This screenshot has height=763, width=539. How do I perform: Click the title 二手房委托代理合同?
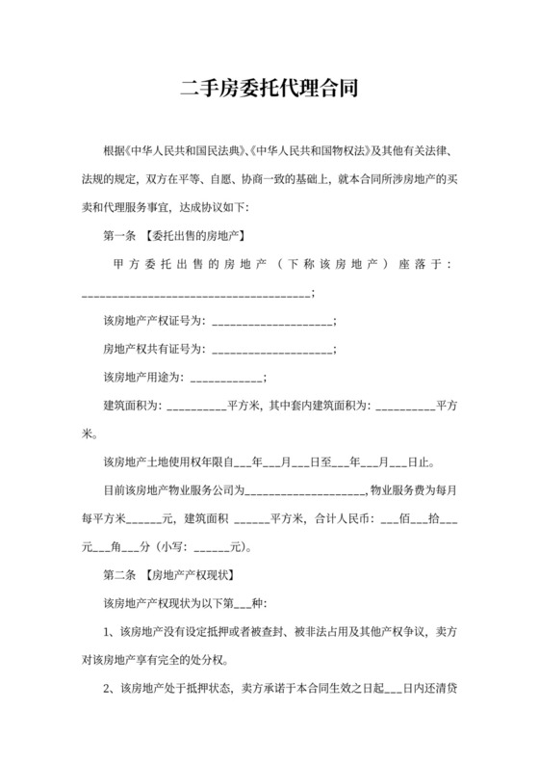tap(269, 90)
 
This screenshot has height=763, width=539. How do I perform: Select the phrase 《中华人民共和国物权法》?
tap(307, 153)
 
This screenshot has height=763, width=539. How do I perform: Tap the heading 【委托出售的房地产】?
tap(191, 236)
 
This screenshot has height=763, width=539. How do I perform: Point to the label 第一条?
tap(119, 236)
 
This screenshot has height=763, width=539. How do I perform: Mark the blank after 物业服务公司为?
tap(305, 489)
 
